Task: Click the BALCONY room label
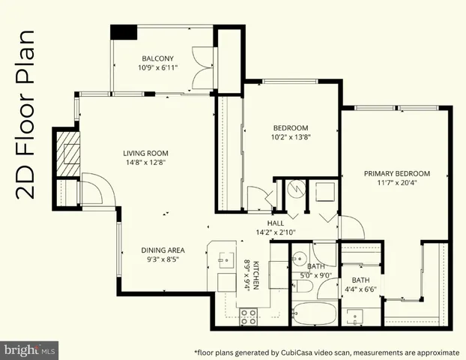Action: [158, 58]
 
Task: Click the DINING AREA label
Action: [163, 250]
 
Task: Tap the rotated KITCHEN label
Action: [255, 276]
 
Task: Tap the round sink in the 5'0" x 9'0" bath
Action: [298, 256]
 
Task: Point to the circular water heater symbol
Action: [294, 190]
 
